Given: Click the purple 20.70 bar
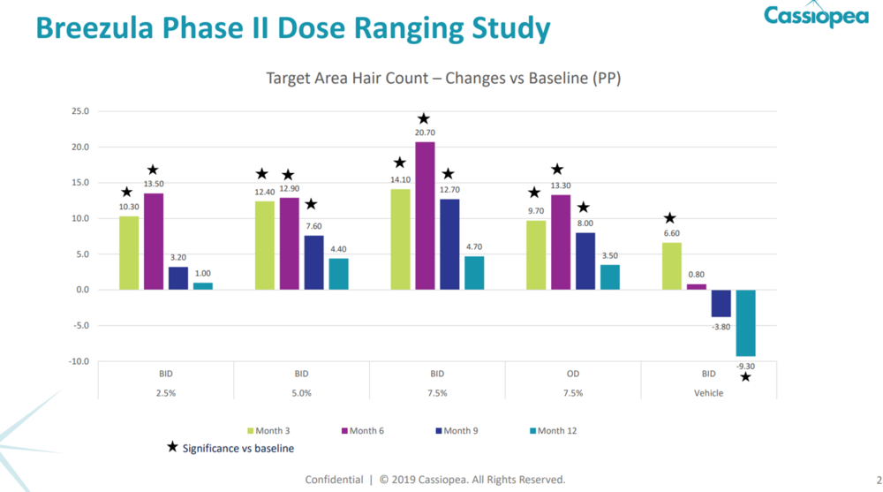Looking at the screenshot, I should tap(425, 216).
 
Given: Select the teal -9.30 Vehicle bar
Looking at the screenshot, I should tap(745, 322).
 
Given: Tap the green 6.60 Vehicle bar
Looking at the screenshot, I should tap(671, 266).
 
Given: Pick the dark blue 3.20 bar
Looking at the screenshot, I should tap(178, 278).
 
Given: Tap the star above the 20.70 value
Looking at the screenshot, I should tap(424, 119).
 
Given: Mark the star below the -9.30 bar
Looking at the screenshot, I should tap(745, 377).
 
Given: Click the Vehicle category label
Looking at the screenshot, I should tap(708, 393).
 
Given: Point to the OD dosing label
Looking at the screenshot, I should tap(572, 374).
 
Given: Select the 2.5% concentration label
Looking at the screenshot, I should tap(165, 393).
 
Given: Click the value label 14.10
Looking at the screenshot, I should tap(400, 179).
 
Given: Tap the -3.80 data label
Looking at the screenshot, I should tap(721, 326).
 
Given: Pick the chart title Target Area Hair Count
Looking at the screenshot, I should tap(443, 79).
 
